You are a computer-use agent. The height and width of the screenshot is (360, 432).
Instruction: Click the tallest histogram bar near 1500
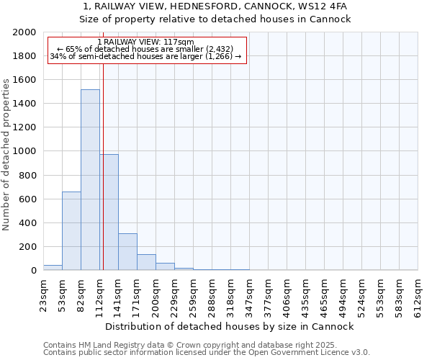[90, 180]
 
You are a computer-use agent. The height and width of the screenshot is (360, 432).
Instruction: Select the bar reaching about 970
[109, 212]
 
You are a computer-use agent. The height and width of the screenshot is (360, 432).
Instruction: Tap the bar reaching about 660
[71, 230]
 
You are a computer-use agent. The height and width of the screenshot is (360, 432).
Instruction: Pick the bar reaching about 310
[127, 252]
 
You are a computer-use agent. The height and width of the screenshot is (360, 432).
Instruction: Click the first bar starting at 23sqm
[53, 267]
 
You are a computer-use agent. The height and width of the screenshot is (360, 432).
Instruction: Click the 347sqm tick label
[249, 294]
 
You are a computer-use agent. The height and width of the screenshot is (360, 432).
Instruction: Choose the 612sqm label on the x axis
[418, 294]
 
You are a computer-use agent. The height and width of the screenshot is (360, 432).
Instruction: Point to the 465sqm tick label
[324, 294]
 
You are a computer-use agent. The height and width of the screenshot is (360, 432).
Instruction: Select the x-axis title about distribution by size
[230, 326]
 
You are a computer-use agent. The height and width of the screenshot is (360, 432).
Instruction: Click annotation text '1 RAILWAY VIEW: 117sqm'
[145, 42]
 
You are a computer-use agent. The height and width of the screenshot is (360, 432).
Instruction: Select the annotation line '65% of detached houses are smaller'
[145, 50]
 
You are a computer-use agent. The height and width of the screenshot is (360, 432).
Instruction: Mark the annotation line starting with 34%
[145, 57]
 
